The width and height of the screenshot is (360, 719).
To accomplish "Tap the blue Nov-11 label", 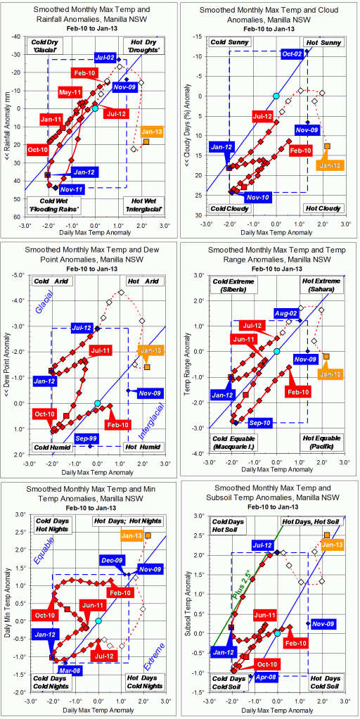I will (72, 189).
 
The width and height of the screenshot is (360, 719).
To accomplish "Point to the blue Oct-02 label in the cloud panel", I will (293, 53).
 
